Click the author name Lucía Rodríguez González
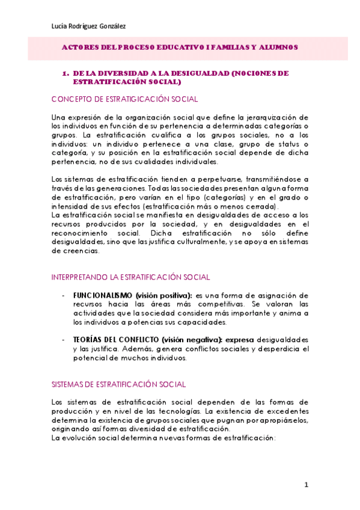click(x=88, y=26)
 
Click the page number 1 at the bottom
click(x=306, y=485)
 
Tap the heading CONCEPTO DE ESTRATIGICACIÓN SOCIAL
click(x=124, y=99)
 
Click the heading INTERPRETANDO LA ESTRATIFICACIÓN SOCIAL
click(x=130, y=277)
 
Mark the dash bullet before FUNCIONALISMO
click(x=64, y=295)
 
